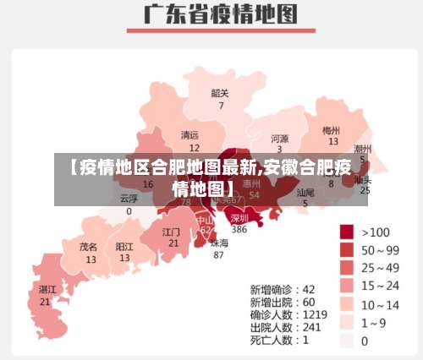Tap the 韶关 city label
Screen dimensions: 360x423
[220, 93]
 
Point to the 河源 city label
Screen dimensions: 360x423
[279, 138]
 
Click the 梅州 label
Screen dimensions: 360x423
[331, 131]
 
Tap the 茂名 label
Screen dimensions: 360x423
[89, 247]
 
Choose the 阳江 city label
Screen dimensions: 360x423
[124, 247]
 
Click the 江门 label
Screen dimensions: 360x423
[172, 231]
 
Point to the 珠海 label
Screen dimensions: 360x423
[218, 243]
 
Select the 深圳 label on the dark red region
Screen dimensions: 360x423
[240, 217]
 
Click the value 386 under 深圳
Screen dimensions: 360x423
[239, 229]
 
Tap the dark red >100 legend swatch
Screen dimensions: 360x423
[347, 232]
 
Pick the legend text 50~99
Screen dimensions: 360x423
[380, 250]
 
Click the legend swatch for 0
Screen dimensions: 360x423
[347, 341]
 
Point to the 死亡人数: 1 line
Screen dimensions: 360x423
[279, 340]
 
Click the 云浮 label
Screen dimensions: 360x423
[129, 197]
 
